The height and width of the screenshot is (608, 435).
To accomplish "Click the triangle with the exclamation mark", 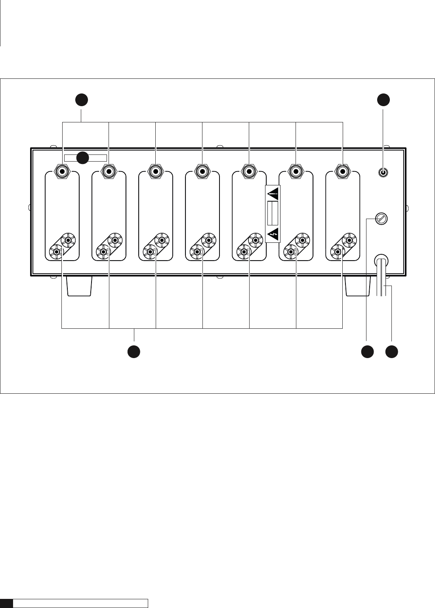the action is tap(273, 194).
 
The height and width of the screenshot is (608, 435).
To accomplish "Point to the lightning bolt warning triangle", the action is tap(273, 234).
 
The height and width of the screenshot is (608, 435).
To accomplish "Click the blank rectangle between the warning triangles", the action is tap(273, 213).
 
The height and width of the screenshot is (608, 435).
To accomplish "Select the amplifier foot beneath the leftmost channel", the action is tap(79, 286).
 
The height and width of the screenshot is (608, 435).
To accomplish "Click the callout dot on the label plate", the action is tap(82, 158).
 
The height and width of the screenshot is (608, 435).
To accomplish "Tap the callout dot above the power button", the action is tap(383, 100).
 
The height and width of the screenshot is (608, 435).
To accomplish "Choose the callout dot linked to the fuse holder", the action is tap(367, 352).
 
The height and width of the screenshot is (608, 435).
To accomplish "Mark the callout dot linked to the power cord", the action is tap(392, 352).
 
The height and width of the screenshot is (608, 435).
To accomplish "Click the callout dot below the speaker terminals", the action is tap(134, 352).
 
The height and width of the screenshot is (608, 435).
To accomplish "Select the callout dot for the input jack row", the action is tap(82, 100).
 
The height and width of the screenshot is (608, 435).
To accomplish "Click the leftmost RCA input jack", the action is tap(62, 171).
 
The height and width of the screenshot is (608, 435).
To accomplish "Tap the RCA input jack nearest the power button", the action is tap(343, 171).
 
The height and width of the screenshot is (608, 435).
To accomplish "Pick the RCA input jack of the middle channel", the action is tap(202, 171).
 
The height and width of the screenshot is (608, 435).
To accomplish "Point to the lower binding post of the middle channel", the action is tap(197, 251).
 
